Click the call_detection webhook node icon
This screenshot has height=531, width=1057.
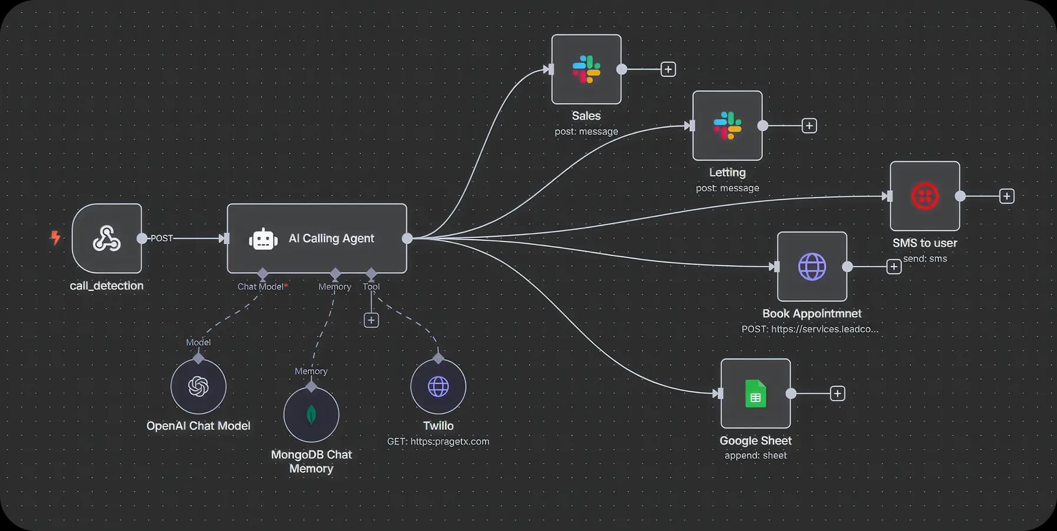pos(107,238)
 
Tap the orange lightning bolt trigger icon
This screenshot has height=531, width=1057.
pos(55,238)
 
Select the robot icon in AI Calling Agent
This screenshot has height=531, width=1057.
pos(263,239)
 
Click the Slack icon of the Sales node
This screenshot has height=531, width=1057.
pos(586,69)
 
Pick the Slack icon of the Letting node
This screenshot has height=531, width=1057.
pos(728,126)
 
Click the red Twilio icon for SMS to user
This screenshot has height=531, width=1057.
pos(925,197)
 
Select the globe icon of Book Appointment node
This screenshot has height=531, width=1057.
pos(812,267)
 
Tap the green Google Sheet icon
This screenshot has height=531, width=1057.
pos(755,394)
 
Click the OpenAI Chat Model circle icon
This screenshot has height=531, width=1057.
pos(199,387)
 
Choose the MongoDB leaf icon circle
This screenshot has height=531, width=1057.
pos(311,414)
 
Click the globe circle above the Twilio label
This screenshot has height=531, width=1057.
pos(438,387)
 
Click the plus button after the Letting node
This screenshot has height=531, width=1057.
pos(810,126)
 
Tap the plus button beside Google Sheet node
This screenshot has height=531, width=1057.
pos(837,393)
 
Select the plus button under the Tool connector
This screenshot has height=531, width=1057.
pos(371,320)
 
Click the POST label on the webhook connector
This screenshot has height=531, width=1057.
pos(161,238)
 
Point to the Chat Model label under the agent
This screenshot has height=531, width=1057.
pos(260,287)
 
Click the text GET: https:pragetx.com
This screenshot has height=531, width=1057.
pos(438,442)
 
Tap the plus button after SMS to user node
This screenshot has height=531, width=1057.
pos(1007,197)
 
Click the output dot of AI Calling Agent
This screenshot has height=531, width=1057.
pos(407,238)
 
